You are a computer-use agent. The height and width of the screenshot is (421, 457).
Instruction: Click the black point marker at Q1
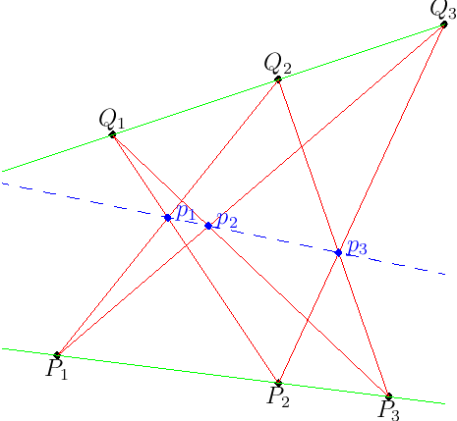point(112,134)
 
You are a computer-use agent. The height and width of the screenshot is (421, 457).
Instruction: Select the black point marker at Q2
point(278,79)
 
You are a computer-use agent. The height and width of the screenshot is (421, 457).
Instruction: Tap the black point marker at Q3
point(443,25)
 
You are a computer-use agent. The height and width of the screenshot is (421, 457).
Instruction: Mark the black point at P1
point(57,354)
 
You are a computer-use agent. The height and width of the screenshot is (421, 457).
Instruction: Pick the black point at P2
point(278,383)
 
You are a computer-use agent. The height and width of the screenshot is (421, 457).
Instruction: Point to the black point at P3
point(388,396)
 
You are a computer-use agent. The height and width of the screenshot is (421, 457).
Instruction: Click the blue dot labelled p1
point(168,218)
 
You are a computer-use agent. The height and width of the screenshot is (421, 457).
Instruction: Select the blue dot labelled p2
point(208,226)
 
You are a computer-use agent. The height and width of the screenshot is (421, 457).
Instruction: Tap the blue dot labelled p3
point(339,252)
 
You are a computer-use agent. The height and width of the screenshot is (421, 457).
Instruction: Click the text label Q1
point(112,120)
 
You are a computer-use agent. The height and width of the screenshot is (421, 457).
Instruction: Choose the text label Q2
point(277,64)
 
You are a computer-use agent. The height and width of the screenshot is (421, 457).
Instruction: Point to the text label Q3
point(443,11)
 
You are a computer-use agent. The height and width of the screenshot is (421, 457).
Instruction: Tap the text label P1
point(57,370)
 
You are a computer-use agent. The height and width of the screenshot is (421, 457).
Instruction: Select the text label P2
point(278,397)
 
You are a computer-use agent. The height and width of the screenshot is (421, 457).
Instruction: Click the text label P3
point(389,411)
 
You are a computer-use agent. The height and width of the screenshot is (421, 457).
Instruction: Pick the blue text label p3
point(357,247)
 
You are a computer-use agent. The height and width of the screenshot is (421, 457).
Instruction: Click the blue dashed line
point(224,229)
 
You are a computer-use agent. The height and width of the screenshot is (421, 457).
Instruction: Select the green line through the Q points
point(223,97)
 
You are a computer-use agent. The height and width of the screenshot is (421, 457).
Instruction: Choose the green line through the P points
point(224,376)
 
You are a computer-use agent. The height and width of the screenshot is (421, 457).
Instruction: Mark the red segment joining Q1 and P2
point(196,258)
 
